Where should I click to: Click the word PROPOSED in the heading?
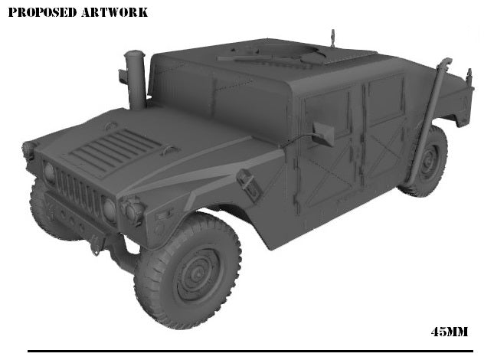coord(39,12)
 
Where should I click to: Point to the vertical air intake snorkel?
coord(136,79)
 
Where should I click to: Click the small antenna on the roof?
coord(332,37)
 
